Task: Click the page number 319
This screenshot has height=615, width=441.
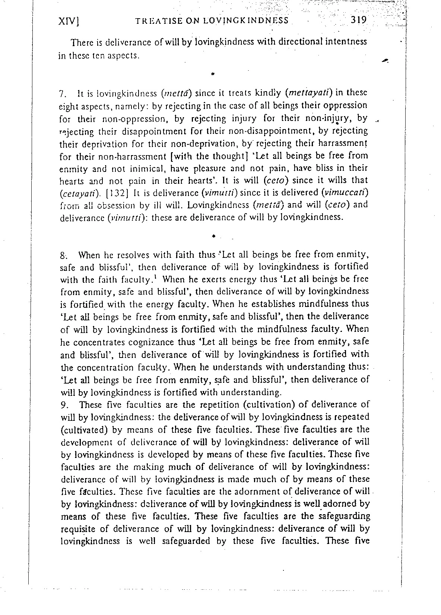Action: coord(359,19)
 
